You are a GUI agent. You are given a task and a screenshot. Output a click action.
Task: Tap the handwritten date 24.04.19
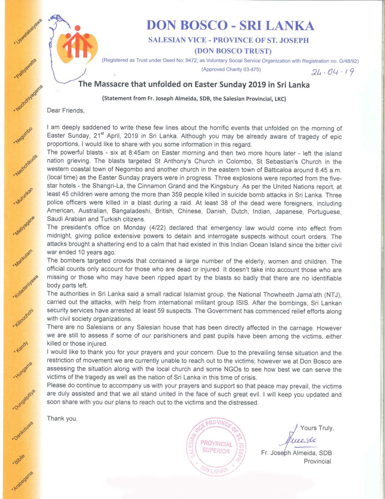tap(332, 72)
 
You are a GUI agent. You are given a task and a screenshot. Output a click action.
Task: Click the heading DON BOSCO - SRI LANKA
tap(230, 26)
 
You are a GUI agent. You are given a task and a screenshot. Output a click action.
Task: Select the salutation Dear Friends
tap(66, 111)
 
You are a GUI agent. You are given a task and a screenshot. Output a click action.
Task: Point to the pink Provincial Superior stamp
tap(217, 447)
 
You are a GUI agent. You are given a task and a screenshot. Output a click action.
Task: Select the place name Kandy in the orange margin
tap(22, 347)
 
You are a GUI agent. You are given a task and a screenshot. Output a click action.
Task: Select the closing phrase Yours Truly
tap(317, 428)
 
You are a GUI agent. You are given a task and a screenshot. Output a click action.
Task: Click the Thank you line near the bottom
tap(62, 418)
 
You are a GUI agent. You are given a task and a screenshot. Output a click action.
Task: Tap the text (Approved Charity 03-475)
tap(231, 70)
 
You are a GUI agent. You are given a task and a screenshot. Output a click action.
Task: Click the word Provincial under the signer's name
tap(317, 461)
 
